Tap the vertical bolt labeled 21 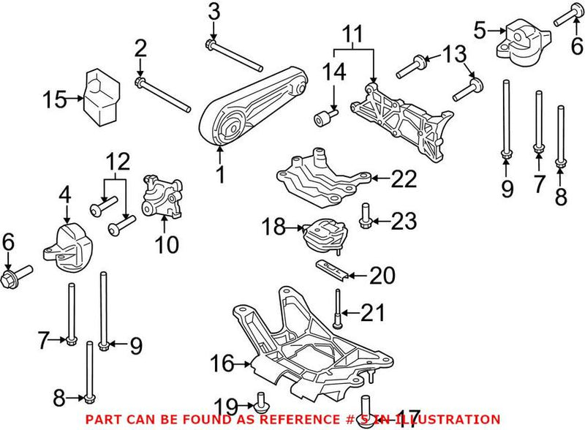coord(339,311)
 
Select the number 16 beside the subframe coord(223,362)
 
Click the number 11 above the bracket coord(352,34)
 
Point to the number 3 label coord(213,11)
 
